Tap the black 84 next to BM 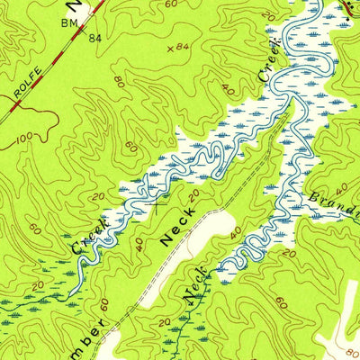[94, 38]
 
